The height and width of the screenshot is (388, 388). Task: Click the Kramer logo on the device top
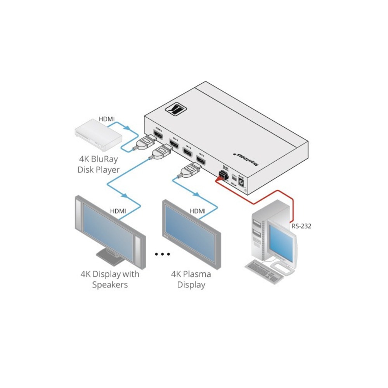point(177,109)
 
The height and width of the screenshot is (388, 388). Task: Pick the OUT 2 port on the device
point(188,151)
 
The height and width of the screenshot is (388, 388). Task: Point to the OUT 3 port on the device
point(201,159)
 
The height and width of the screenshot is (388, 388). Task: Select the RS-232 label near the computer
point(301,225)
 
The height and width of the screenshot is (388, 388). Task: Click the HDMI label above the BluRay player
point(106,119)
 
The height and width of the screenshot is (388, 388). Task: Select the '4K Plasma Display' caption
point(191,279)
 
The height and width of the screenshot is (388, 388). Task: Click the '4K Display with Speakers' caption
point(110,279)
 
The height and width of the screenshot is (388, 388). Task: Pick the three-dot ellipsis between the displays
point(163,254)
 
